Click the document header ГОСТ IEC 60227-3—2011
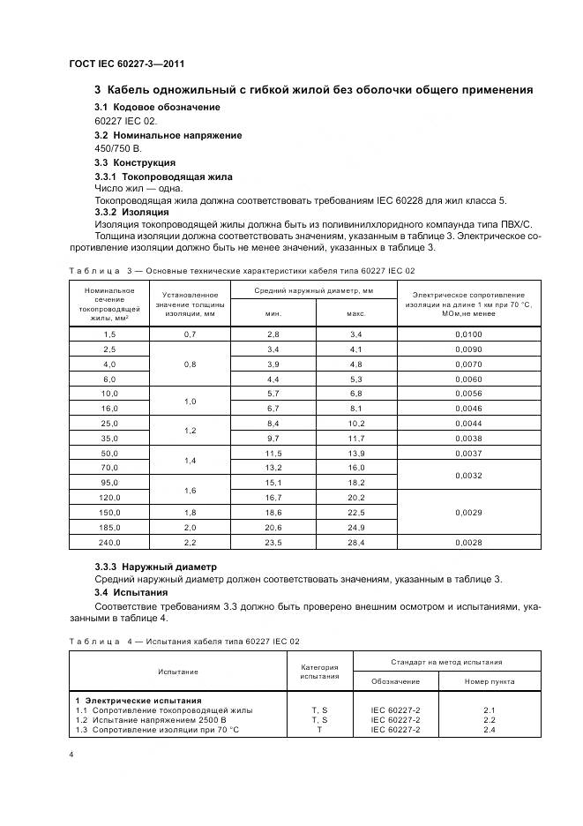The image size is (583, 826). (126, 63)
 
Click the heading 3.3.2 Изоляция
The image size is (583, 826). (131, 212)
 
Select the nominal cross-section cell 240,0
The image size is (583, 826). (109, 542)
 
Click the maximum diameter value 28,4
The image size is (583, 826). (355, 542)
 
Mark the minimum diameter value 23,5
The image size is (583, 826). (273, 542)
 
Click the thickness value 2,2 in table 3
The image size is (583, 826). (190, 542)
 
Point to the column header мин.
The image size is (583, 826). (273, 312)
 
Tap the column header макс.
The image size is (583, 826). (355, 312)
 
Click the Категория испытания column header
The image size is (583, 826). (319, 672)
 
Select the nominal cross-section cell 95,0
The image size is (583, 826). (109, 483)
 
